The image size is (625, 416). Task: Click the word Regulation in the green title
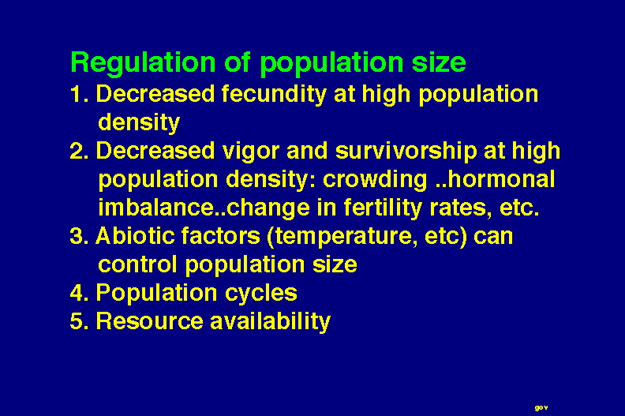tap(143, 63)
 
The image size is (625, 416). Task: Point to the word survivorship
tap(406, 152)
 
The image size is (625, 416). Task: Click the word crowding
tap(375, 179)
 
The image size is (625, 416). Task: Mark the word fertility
tap(382, 208)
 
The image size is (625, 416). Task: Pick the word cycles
tap(261, 294)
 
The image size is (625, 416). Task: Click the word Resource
tap(149, 321)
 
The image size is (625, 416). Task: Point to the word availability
tap(270, 321)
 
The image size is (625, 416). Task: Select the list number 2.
tap(80, 152)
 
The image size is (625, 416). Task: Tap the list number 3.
tap(80, 236)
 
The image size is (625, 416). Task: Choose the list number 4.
tap(80, 293)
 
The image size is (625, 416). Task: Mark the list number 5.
tap(80, 321)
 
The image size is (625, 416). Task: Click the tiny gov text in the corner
tap(541, 407)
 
